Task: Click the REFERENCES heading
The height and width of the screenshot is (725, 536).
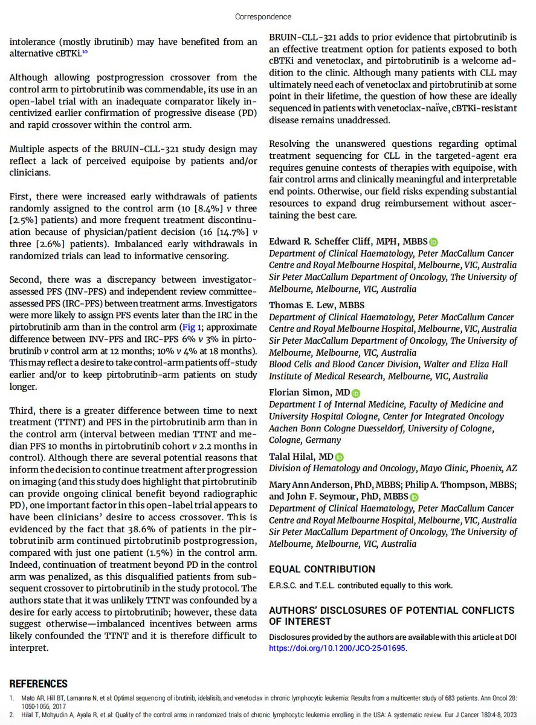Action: [x=38, y=684]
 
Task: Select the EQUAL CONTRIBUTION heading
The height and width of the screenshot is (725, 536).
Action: [x=322, y=569]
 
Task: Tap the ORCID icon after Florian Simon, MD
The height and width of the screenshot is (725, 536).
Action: [x=355, y=393]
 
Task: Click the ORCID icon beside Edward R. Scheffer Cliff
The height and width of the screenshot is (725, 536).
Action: [x=434, y=242]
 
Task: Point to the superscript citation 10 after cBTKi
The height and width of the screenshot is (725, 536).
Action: [x=86, y=52]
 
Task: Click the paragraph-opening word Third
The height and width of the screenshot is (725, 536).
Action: [x=22, y=411]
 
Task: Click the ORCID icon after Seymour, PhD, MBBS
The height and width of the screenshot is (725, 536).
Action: [x=414, y=497]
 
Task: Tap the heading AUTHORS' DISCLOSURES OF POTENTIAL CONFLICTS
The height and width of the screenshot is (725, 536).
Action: [x=392, y=610]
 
